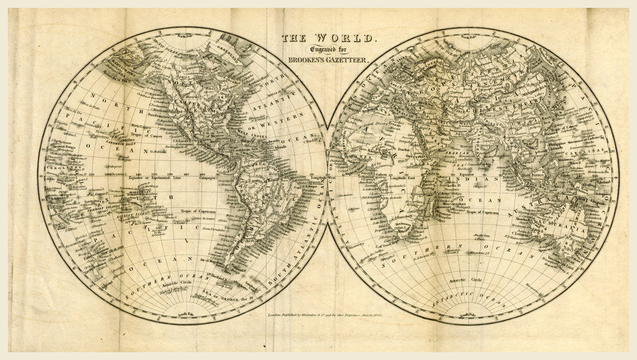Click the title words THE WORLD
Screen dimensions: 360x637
(x=328, y=39)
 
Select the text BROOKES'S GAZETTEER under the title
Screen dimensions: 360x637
(x=328, y=61)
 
